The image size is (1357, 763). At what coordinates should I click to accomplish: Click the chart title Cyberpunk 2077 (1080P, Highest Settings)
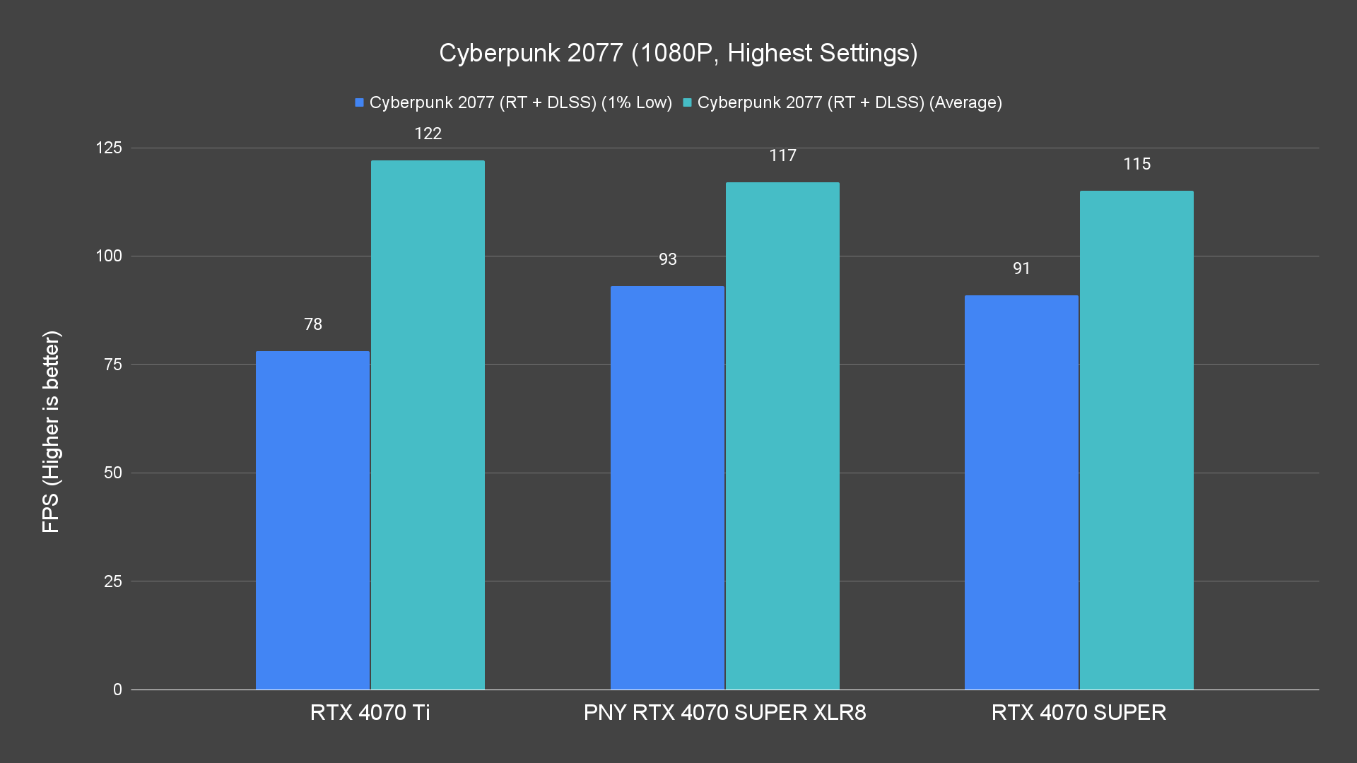(678, 53)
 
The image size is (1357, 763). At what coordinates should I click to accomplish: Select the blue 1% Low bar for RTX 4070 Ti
(312, 520)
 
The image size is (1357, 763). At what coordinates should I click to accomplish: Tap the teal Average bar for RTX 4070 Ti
(428, 425)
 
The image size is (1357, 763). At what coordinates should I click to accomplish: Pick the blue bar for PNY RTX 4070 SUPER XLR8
(667, 487)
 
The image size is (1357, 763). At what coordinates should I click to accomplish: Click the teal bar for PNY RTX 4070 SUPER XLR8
(782, 436)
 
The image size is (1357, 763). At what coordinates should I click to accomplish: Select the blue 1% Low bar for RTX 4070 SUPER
(1021, 492)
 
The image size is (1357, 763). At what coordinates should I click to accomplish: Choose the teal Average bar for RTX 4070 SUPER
(1136, 440)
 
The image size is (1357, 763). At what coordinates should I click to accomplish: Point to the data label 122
(428, 134)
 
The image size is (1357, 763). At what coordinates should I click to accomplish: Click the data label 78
(312, 324)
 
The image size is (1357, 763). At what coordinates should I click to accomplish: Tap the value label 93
(667, 259)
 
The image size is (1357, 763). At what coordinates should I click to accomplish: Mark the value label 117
(782, 155)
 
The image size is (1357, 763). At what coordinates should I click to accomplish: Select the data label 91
(1021, 268)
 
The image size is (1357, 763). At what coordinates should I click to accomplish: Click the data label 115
(1136, 164)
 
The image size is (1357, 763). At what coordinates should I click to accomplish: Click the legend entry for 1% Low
(514, 102)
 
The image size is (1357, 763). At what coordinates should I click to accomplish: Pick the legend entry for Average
(842, 102)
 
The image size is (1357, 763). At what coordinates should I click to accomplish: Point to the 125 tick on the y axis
(109, 148)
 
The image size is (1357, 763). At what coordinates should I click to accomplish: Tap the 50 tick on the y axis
(113, 473)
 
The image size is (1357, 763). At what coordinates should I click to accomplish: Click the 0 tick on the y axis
(117, 690)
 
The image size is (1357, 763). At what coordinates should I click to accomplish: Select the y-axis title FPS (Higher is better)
(51, 431)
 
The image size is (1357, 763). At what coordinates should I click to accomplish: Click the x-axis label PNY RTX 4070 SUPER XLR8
(724, 712)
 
